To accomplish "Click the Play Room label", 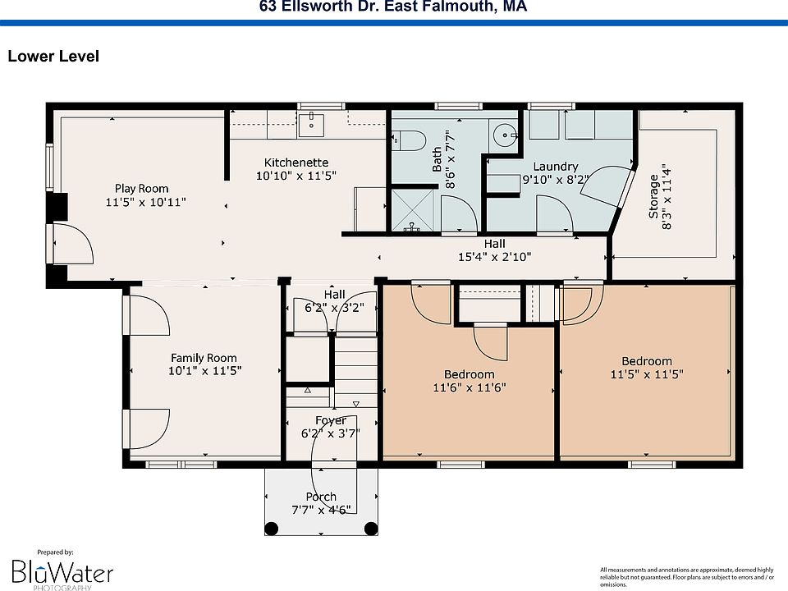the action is click(142, 189).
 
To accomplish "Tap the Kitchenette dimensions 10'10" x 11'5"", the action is click(296, 176).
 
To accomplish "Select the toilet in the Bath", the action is click(409, 140).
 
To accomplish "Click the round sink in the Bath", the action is click(504, 135).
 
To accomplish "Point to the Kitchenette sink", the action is click(311, 125).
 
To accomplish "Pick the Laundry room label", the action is click(556, 167).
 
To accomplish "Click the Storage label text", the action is click(653, 196).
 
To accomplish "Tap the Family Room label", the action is click(204, 358).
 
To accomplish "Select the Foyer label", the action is click(331, 420).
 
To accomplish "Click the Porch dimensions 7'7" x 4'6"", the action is click(321, 510).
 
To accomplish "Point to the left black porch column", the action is click(272, 529).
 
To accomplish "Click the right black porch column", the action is click(371, 529).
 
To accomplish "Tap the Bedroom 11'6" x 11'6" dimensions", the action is click(470, 387).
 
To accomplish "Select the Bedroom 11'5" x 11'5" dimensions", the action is click(647, 374).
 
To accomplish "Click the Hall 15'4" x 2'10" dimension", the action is click(494, 257).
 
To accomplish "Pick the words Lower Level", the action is click(53, 56).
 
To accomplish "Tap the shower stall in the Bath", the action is click(412, 210).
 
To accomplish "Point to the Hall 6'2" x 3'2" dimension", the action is click(334, 308).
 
